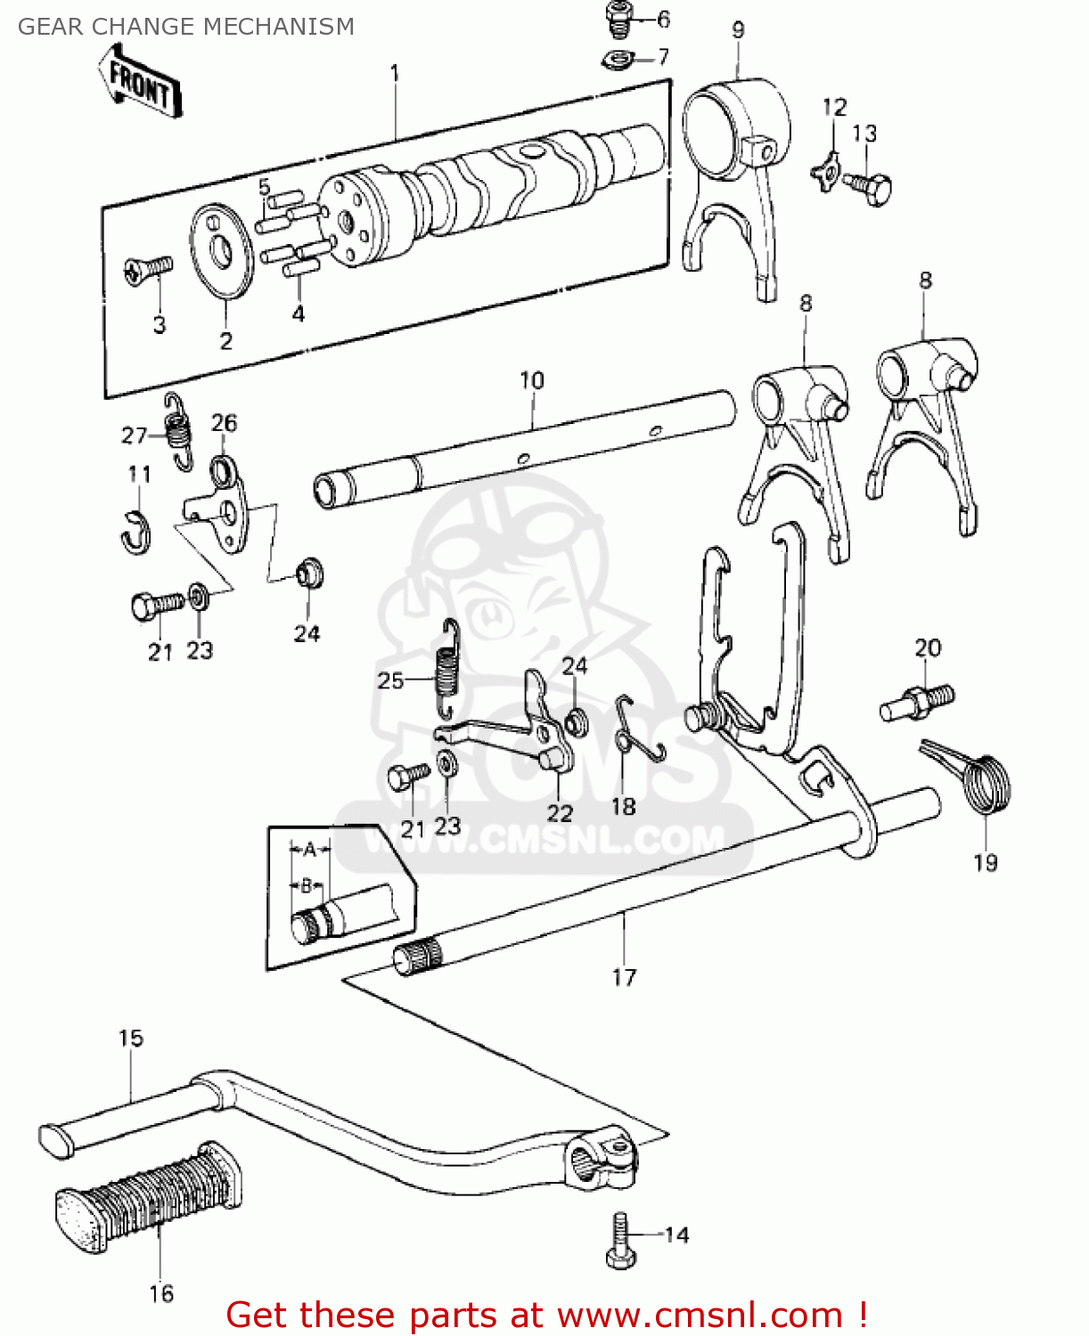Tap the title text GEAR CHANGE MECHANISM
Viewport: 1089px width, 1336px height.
point(185,27)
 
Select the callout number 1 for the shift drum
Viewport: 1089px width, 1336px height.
point(395,73)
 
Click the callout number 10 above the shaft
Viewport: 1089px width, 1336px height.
point(532,380)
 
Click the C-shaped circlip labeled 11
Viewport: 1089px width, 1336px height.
point(136,531)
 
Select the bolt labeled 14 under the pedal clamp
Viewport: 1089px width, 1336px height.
point(620,1240)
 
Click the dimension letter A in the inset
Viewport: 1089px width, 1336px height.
point(309,849)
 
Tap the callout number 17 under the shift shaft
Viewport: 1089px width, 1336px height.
point(624,977)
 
